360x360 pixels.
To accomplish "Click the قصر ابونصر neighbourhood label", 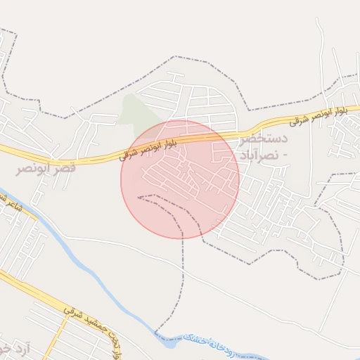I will pos(46,168).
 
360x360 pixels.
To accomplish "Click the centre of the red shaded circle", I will pos(180,179).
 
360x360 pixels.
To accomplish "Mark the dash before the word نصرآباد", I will pos(282,154).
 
